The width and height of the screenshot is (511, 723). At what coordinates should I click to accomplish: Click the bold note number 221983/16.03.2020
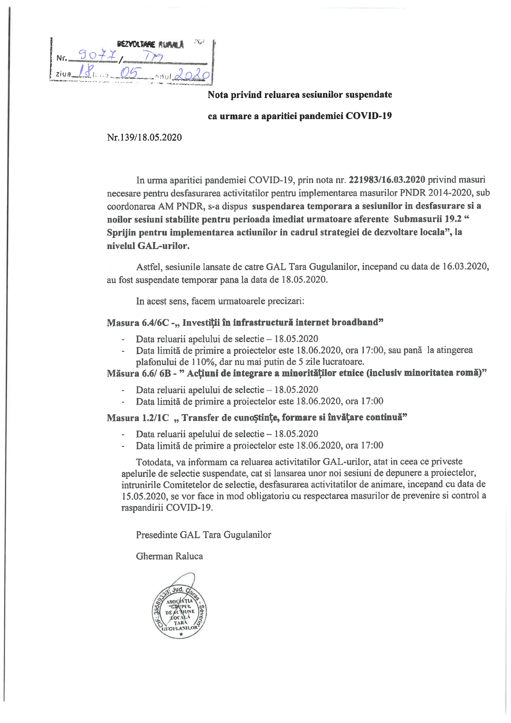point(387,180)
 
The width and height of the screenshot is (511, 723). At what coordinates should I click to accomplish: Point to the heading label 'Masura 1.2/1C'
point(138,418)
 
